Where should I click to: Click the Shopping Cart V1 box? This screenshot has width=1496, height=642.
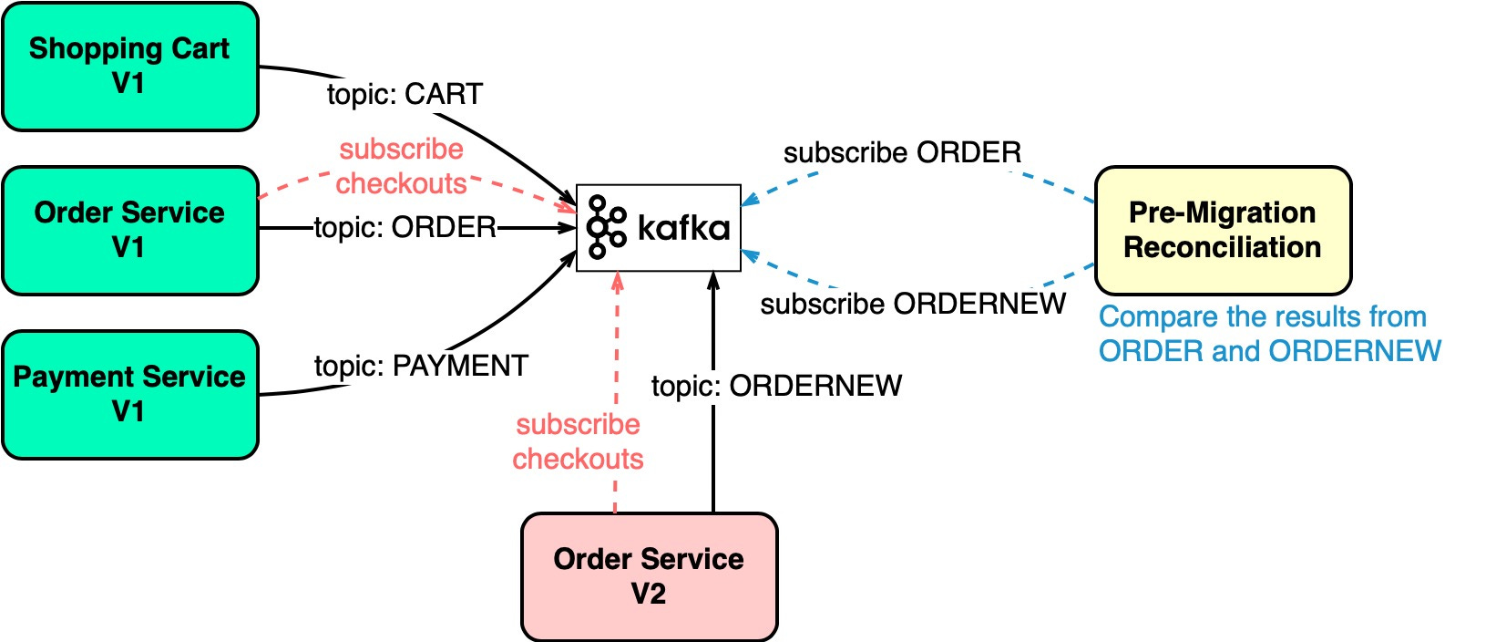[130, 67]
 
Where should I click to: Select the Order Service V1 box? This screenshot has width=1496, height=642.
[130, 231]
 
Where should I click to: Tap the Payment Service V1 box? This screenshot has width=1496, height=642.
[130, 395]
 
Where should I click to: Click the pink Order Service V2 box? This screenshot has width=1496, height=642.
[649, 576]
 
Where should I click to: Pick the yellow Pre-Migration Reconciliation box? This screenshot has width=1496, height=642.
[1222, 231]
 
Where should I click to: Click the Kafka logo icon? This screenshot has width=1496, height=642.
[606, 227]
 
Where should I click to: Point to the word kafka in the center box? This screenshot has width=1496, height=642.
[683, 228]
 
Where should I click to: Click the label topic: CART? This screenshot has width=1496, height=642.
[405, 94]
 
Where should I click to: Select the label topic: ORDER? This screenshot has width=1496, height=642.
[405, 227]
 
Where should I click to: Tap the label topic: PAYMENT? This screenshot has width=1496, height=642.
[421, 366]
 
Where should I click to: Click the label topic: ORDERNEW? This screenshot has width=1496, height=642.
[776, 386]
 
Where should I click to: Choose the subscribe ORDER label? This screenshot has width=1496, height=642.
[902, 152]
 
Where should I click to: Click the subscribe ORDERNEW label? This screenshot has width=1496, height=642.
[913, 304]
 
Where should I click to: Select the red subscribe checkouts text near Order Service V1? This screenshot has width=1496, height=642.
[401, 166]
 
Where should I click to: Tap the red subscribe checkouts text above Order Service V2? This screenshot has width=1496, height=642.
[578, 441]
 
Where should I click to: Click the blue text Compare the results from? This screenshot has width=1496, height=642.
[1262, 317]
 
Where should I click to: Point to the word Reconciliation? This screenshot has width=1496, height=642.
[1222, 248]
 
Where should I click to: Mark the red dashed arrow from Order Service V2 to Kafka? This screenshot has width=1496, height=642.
[617, 347]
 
